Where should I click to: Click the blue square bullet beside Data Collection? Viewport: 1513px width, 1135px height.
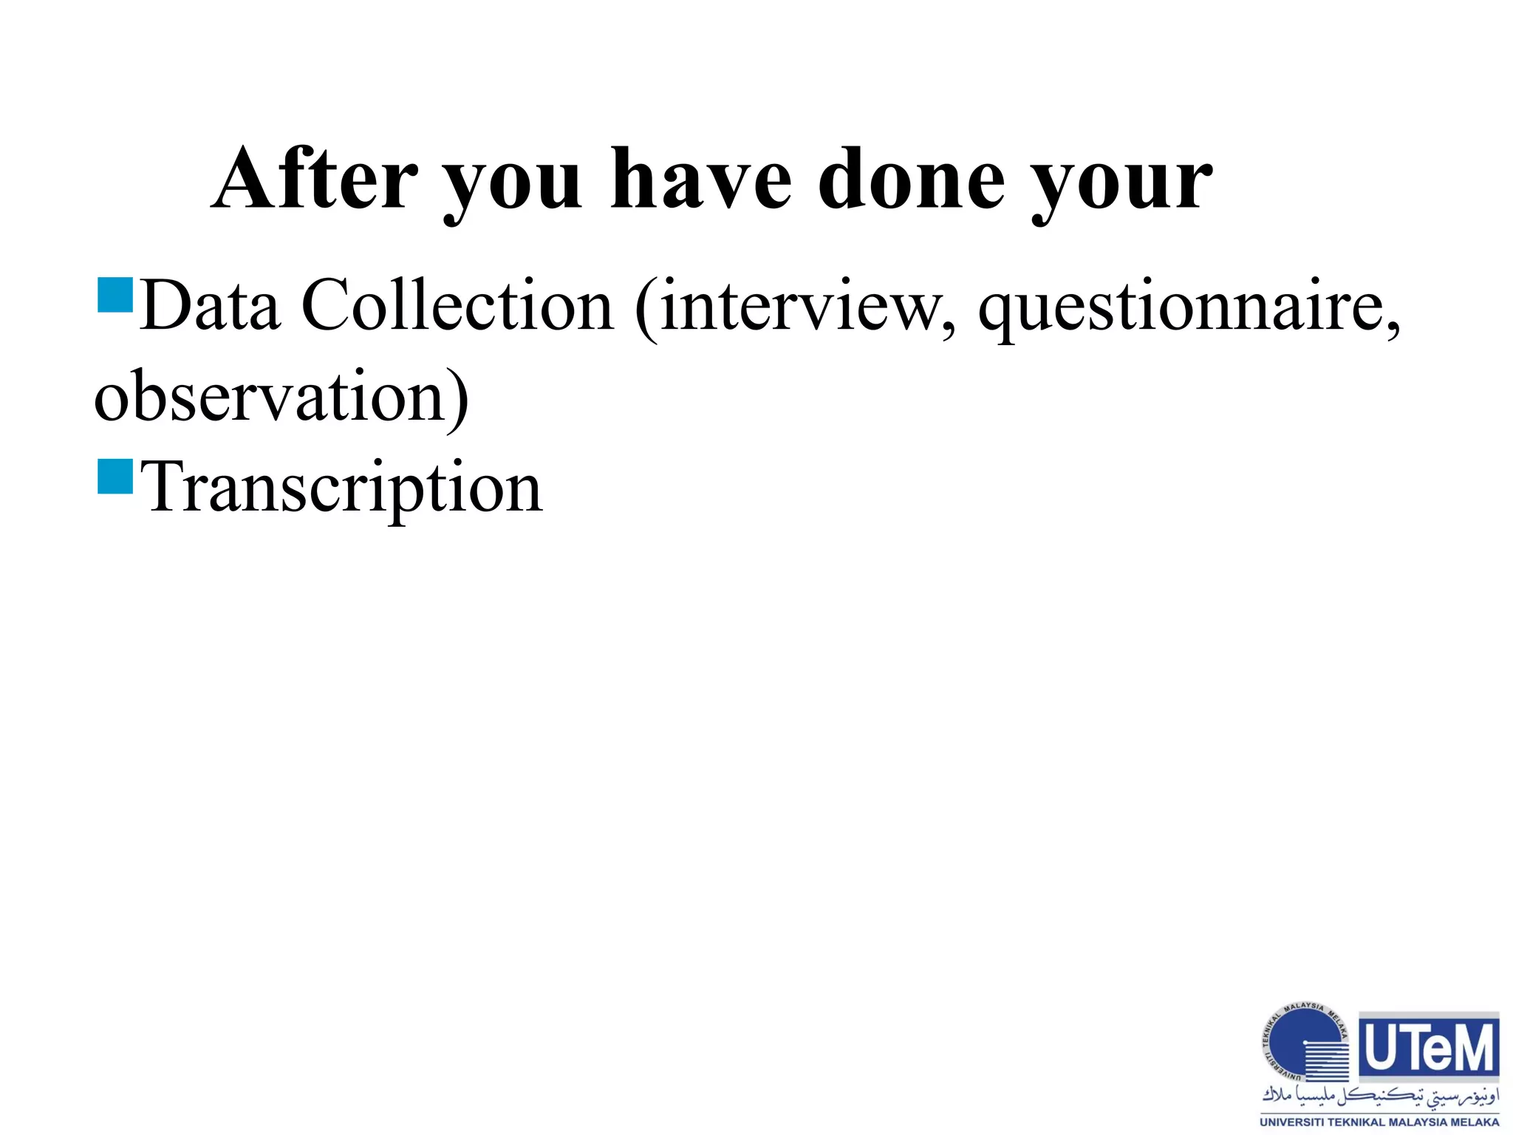click(x=115, y=295)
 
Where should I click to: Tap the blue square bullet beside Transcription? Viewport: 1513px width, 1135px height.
click(x=115, y=477)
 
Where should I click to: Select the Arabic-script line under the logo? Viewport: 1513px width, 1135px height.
click(x=1380, y=1097)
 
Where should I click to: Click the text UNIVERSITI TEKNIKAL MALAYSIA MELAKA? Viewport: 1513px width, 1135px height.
click(x=1380, y=1122)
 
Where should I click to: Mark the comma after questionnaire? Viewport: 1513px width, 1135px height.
click(x=1393, y=329)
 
